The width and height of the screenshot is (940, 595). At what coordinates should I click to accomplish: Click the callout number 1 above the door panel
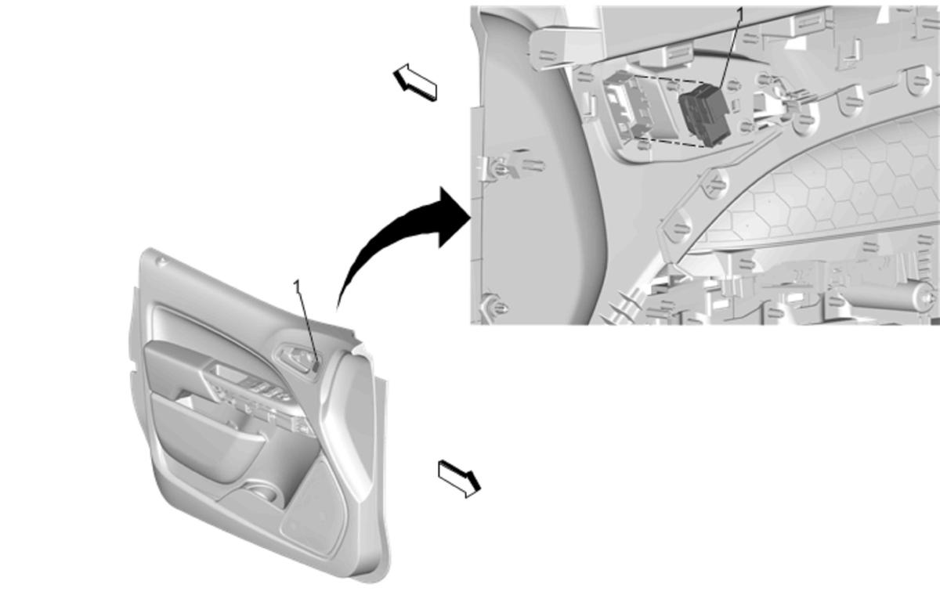coord(297,287)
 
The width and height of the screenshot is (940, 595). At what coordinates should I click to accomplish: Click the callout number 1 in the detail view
coord(740,15)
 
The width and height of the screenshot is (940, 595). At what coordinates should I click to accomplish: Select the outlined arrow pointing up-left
coord(415,82)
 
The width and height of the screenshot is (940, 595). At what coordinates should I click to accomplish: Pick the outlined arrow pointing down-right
coord(460,479)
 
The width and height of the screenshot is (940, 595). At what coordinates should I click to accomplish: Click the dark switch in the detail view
coord(704,114)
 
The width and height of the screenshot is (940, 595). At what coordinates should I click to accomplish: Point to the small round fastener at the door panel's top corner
coord(161,261)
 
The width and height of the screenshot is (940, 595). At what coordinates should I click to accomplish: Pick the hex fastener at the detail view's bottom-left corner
coord(495,307)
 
